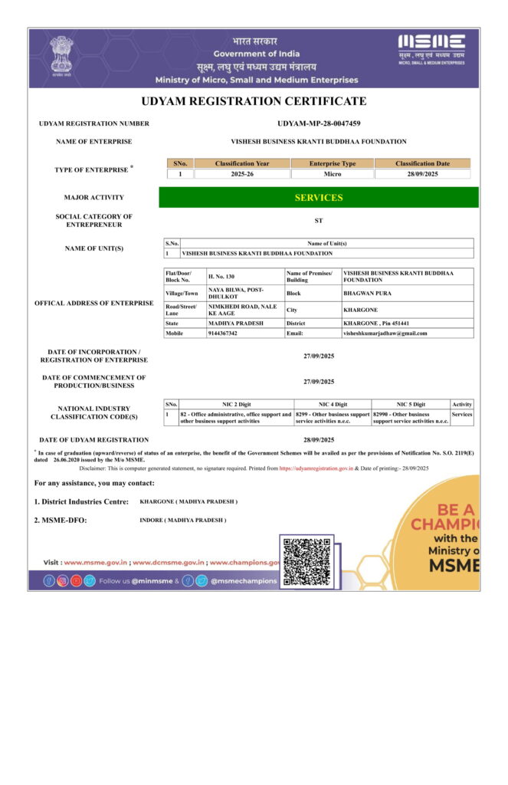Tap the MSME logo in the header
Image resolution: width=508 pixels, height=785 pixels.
point(431,47)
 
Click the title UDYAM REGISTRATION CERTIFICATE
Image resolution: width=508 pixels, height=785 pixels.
point(254,101)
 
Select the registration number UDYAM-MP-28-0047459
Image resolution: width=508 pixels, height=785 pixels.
point(319,123)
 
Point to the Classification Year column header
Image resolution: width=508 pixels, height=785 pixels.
point(242,163)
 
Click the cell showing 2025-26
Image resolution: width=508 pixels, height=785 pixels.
point(242,174)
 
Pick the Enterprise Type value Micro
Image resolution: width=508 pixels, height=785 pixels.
point(333,174)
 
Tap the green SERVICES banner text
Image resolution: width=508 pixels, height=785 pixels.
point(319,198)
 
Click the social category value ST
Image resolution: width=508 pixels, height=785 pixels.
point(319,220)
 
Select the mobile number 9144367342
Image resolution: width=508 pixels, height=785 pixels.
point(223,333)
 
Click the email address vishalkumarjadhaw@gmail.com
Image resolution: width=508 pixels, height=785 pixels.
point(385,333)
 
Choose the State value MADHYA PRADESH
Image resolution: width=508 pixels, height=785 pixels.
point(235,324)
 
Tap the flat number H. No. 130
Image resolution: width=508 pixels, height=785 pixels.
point(221,274)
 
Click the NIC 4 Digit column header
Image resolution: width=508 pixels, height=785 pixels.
point(333,404)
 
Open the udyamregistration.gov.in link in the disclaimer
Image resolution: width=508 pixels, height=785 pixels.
point(316,468)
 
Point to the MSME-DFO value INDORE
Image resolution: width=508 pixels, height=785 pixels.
point(182,520)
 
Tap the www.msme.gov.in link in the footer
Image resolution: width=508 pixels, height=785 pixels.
point(95,562)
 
